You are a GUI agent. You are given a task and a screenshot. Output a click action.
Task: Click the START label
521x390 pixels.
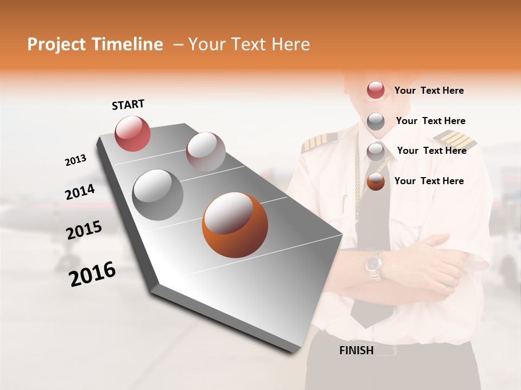point(128,105)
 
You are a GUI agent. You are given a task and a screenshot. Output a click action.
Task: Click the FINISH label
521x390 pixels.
point(356,350)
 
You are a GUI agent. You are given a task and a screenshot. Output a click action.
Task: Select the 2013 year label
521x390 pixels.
point(75,160)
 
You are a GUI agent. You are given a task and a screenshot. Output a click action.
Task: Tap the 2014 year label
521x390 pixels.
point(80,192)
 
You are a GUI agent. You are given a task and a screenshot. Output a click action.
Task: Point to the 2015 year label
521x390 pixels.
point(84,231)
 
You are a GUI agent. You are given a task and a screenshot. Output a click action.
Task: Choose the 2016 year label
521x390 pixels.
point(92,274)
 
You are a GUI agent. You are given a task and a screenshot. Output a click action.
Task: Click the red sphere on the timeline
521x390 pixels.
point(133,133)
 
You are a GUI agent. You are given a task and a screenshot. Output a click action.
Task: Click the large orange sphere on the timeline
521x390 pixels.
point(234,225)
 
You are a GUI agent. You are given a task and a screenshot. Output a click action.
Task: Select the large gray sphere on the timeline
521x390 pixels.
point(158,195)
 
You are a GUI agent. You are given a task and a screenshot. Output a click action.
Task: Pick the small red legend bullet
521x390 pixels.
point(376,90)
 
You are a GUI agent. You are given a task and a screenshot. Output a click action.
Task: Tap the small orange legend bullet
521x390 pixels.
point(376,181)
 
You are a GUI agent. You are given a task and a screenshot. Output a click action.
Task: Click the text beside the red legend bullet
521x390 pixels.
point(429,90)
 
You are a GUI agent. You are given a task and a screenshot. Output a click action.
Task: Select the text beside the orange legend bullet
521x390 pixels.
point(429,181)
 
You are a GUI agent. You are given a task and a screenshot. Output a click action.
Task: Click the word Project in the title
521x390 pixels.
point(56,44)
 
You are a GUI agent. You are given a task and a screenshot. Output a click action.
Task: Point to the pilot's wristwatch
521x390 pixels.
point(374,265)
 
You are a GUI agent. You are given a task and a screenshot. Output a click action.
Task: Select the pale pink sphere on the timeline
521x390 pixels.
point(206,152)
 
